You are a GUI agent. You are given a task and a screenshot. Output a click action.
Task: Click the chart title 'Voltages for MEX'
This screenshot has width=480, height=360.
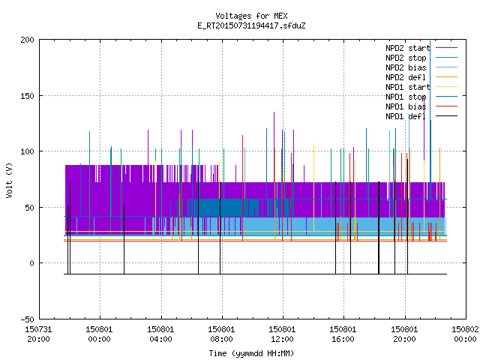pyautogui.click(x=251, y=16)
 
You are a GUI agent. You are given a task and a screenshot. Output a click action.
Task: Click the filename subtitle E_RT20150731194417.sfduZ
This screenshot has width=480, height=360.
pyautogui.click(x=251, y=25)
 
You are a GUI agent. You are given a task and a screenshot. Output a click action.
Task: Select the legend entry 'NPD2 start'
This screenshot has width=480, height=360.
pyautogui.click(x=408, y=48)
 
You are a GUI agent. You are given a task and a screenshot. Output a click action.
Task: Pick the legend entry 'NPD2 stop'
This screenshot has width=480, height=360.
pyautogui.click(x=406, y=58)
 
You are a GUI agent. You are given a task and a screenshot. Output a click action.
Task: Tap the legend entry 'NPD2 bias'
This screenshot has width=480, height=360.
pyautogui.click(x=406, y=67)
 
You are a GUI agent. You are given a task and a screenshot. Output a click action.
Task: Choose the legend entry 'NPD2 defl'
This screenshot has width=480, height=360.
pyautogui.click(x=406, y=77)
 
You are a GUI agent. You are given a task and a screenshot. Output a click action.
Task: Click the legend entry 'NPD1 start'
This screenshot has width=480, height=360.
pyautogui.click(x=408, y=87)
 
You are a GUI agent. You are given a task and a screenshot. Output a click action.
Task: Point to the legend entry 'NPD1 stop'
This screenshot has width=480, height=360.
pyautogui.click(x=406, y=97)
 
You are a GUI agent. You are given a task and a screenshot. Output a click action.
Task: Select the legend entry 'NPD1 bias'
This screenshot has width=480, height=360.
pyautogui.click(x=406, y=106)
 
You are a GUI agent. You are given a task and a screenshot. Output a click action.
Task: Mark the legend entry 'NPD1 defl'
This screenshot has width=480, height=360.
pyautogui.click(x=406, y=117)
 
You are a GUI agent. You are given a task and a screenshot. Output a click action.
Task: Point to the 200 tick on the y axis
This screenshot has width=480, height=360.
pyautogui.click(x=27, y=40)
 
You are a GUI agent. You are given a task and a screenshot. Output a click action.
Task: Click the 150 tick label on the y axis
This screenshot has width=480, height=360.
pyautogui.click(x=27, y=96)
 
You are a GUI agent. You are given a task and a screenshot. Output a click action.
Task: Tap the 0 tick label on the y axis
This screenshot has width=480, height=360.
pyautogui.click(x=31, y=263)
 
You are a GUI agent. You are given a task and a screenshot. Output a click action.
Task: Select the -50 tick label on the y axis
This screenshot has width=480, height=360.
pyautogui.click(x=27, y=319)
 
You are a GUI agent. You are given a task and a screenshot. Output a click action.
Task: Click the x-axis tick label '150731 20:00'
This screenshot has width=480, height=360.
pyautogui.click(x=38, y=334)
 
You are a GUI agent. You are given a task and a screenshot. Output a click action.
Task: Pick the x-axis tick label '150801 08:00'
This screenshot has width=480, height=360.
pyautogui.click(x=221, y=334)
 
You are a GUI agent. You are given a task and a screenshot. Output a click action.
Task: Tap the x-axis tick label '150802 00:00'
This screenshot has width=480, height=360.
pyautogui.click(x=465, y=334)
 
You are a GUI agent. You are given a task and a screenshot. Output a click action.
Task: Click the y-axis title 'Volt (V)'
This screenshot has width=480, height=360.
pyautogui.click(x=9, y=181)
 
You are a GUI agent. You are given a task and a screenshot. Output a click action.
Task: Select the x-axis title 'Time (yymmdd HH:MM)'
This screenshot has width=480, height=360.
pyautogui.click(x=251, y=353)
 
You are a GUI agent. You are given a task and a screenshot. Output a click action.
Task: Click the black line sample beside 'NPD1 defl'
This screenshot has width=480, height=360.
pyautogui.click(x=447, y=116)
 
